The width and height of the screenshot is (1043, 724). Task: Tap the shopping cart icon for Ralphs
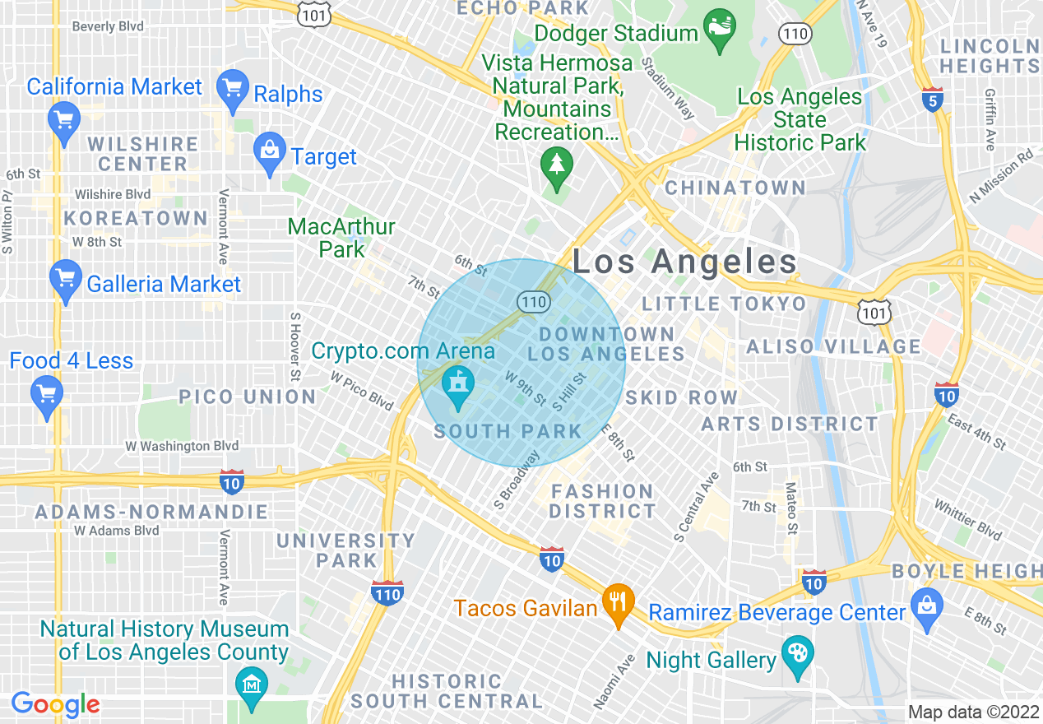point(233,90)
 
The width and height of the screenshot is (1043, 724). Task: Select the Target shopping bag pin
point(270,152)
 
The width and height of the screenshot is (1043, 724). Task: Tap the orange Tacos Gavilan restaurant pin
point(618,603)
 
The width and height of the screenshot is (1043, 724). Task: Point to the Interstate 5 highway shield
point(932,99)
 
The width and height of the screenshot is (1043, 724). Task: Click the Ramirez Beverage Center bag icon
point(927,609)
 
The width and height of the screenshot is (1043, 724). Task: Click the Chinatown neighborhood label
point(735,188)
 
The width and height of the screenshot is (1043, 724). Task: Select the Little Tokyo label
point(724,304)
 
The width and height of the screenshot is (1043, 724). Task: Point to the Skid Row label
point(681,397)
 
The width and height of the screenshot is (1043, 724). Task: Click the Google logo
point(55,704)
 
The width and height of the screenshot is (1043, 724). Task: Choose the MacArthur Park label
point(341,237)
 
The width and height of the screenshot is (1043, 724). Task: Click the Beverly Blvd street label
point(108,26)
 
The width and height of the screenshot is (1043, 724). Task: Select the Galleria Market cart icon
point(66,281)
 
